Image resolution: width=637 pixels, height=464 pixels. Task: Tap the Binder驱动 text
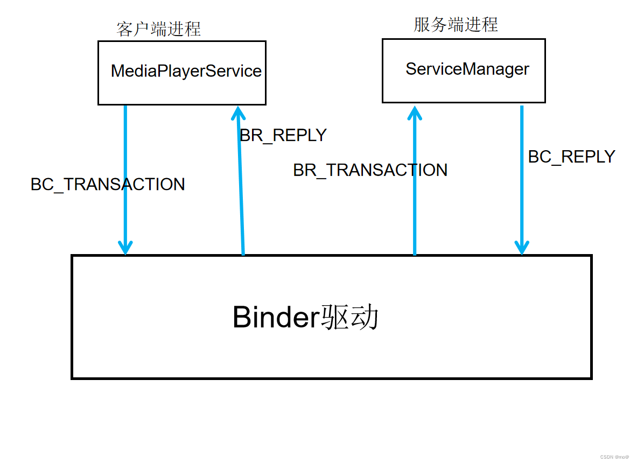click(305, 318)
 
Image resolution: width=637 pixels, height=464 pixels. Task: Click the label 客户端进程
click(158, 29)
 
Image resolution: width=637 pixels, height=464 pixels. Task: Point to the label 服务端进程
click(456, 24)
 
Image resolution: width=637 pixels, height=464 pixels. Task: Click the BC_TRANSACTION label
click(108, 185)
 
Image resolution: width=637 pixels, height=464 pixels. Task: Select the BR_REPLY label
click(283, 135)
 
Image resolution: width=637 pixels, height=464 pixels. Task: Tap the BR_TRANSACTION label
click(370, 170)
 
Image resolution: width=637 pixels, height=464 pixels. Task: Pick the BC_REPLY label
click(571, 157)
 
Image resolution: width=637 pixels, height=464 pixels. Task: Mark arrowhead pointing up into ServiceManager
click(414, 111)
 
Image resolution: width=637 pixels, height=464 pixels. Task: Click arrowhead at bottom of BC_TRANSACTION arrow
click(125, 248)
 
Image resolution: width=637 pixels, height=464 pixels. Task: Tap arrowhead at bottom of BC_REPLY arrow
click(521, 248)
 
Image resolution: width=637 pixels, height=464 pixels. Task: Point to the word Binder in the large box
click(276, 318)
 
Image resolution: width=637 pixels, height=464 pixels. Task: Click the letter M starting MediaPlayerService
click(117, 71)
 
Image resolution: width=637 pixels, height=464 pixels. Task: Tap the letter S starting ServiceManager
click(411, 69)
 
